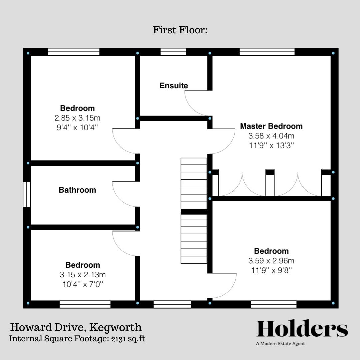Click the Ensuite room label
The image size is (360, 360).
[174, 86]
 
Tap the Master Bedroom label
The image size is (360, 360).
[271, 126]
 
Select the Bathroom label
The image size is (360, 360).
[77, 190]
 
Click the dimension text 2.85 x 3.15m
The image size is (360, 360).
[77, 118]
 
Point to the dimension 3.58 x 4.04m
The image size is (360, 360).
[271, 136]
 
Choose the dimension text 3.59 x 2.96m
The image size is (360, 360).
[271, 261]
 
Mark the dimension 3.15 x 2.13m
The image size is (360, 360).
[83, 275]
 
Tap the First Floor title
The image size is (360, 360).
[180, 30]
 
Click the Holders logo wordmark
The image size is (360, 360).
[302, 329]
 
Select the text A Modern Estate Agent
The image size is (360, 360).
[280, 344]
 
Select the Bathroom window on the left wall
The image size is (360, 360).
[27, 194]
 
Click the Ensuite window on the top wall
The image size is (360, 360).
[173, 52]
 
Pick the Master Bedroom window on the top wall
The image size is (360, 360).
[267, 52]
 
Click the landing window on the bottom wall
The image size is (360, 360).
[172, 304]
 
